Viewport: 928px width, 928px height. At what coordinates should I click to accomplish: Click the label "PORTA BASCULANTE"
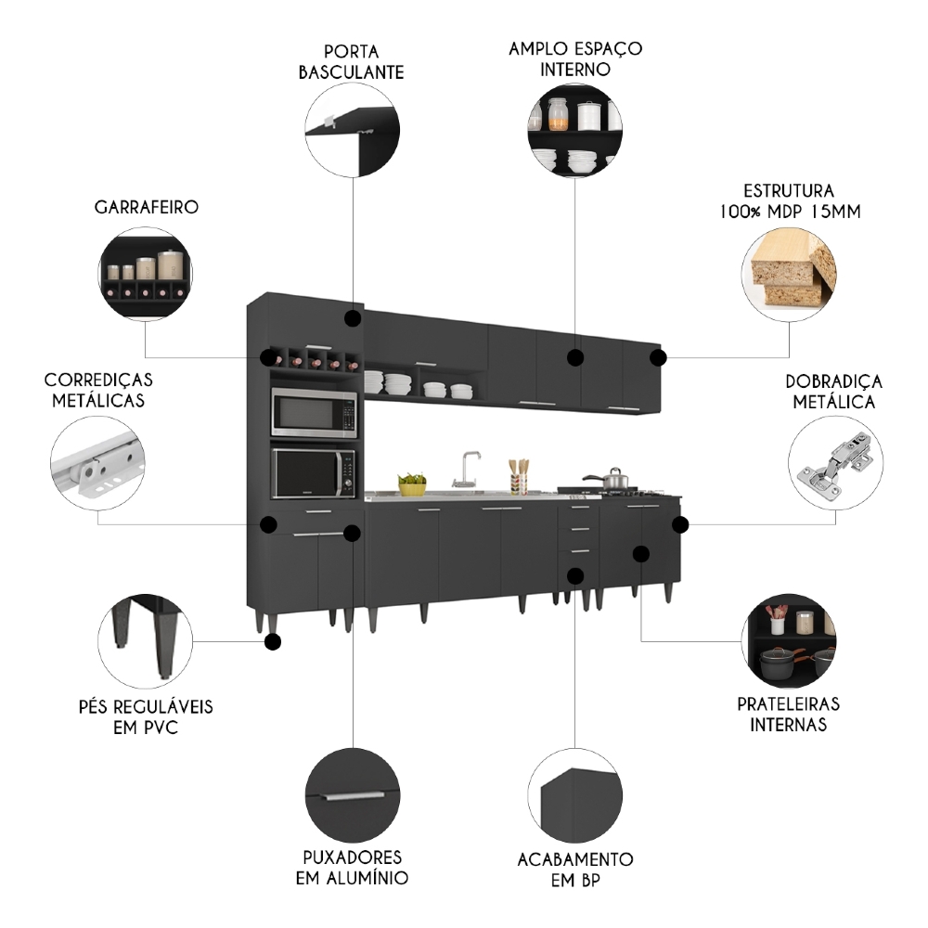click(x=351, y=61)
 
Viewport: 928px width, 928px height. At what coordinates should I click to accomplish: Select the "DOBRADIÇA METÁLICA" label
click(x=833, y=392)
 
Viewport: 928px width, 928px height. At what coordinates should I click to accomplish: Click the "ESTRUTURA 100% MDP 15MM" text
click(x=789, y=200)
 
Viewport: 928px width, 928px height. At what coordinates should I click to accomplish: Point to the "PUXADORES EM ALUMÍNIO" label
click(x=352, y=867)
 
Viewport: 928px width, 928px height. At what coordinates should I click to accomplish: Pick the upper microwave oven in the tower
click(x=314, y=413)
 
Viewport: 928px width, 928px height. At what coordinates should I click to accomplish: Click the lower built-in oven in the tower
click(x=314, y=473)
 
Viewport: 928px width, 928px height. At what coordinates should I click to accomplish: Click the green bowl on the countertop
click(x=412, y=483)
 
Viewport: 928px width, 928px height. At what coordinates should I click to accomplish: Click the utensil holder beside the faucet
click(x=518, y=478)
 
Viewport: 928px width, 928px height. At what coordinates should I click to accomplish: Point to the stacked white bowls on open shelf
click(x=397, y=382)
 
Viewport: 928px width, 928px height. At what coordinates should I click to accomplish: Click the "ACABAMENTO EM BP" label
click(x=575, y=870)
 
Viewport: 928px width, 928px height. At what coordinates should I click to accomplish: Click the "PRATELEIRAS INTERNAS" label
click(x=788, y=714)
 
